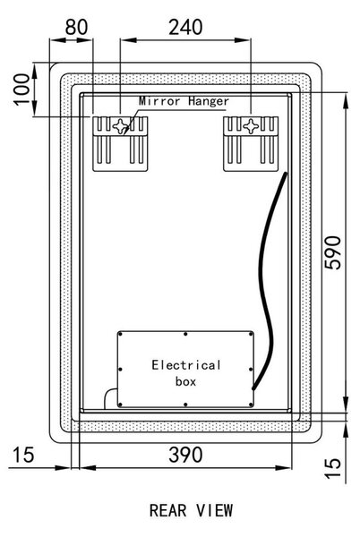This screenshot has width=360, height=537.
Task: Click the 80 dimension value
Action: tap(76, 28)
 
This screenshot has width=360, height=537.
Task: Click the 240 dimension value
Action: tap(185, 28)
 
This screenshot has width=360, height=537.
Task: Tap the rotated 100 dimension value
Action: tap(21, 89)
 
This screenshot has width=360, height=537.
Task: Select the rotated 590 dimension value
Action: tap(332, 252)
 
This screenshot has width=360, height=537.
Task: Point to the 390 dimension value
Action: tap(185, 455)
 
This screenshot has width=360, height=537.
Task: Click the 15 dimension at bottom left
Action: tap(23, 455)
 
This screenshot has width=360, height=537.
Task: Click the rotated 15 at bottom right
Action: tap(332, 468)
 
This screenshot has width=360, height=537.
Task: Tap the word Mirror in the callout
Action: tap(159, 101)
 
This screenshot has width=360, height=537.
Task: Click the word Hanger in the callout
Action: tap(209, 101)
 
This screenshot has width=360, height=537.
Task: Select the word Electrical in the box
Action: tap(186, 365)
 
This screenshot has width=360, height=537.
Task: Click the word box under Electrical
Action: tap(185, 381)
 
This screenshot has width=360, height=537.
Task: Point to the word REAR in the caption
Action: tap(167, 510)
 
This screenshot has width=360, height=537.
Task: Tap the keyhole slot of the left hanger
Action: tap(121, 126)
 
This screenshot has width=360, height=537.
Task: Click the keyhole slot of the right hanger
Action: tap(251, 126)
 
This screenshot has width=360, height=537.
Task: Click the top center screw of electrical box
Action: tap(185, 334)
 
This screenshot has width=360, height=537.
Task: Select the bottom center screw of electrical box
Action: tap(185, 405)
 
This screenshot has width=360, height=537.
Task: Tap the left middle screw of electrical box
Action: tap(120, 369)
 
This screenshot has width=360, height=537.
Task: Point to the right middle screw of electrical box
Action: tap(251, 369)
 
